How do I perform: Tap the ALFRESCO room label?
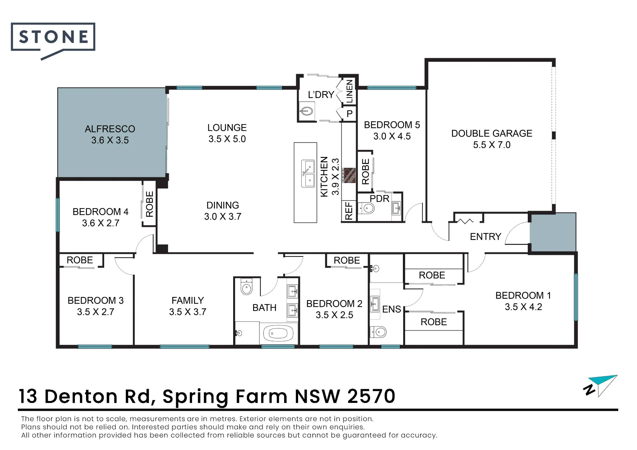click(x=110, y=129)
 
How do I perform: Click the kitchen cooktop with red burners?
click(x=348, y=175)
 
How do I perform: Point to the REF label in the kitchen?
click(x=349, y=211)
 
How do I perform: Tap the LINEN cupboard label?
click(x=350, y=91)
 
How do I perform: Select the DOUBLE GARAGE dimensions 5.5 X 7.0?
click(x=491, y=145)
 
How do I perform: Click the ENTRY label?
click(x=485, y=236)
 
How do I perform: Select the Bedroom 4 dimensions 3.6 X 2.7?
click(x=101, y=223)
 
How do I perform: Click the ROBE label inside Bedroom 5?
click(x=366, y=172)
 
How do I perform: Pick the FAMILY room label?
click(x=188, y=300)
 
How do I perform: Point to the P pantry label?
click(x=349, y=114)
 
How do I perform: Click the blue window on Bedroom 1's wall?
click(x=576, y=297)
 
